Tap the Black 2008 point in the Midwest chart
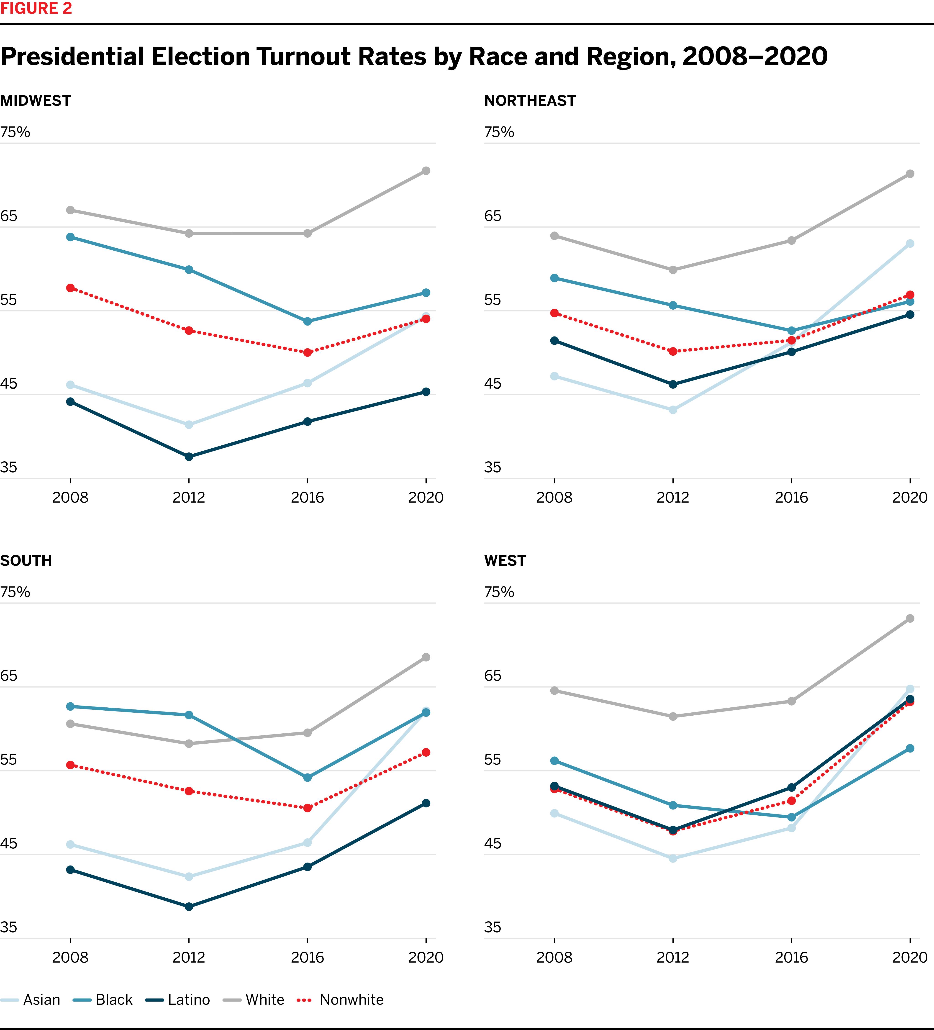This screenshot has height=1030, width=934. (71, 237)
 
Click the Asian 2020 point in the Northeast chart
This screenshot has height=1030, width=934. (910, 244)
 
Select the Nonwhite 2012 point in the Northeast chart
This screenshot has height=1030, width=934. (673, 352)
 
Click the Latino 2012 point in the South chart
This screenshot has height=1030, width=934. (189, 907)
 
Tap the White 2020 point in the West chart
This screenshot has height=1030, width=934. (910, 619)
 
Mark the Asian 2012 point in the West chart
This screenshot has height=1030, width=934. (673, 858)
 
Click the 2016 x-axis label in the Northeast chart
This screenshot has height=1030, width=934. (791, 497)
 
